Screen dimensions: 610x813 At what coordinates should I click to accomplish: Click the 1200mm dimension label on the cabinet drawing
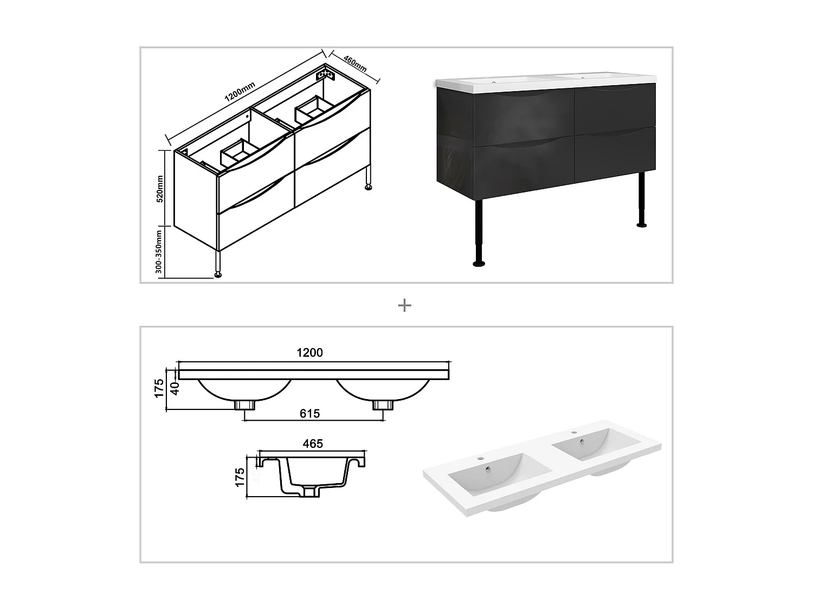coord(240,90)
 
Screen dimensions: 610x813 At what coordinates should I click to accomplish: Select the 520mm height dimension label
coord(160,188)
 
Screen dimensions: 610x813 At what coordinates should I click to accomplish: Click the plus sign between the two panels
coord(404,305)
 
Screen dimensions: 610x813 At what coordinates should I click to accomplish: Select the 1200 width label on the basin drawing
coord(309,352)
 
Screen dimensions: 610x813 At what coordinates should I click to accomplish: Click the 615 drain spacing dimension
coord(309,414)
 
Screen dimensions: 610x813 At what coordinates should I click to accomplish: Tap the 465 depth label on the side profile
coord(313,444)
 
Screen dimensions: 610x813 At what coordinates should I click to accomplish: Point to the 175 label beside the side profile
coord(241,477)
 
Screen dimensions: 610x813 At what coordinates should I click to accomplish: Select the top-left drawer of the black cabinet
coord(524,117)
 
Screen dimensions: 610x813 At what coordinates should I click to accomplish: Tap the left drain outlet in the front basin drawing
coord(245,404)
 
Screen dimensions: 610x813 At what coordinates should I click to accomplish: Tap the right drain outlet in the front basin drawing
coord(383,404)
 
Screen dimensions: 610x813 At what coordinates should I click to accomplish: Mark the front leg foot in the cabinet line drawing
coord(218,274)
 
